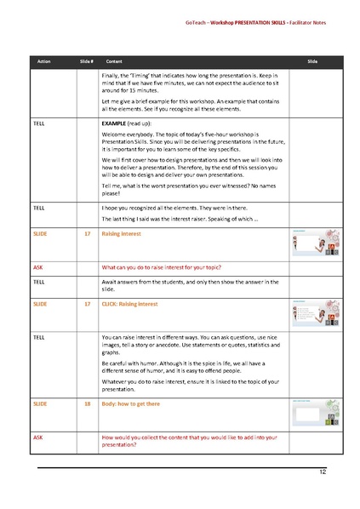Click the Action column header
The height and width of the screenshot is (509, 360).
(43, 63)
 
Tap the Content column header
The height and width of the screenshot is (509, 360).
(112, 63)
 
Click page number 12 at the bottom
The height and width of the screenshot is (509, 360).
(323, 472)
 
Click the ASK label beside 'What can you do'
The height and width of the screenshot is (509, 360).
(37, 266)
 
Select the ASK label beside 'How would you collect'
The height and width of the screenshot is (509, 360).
(37, 436)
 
